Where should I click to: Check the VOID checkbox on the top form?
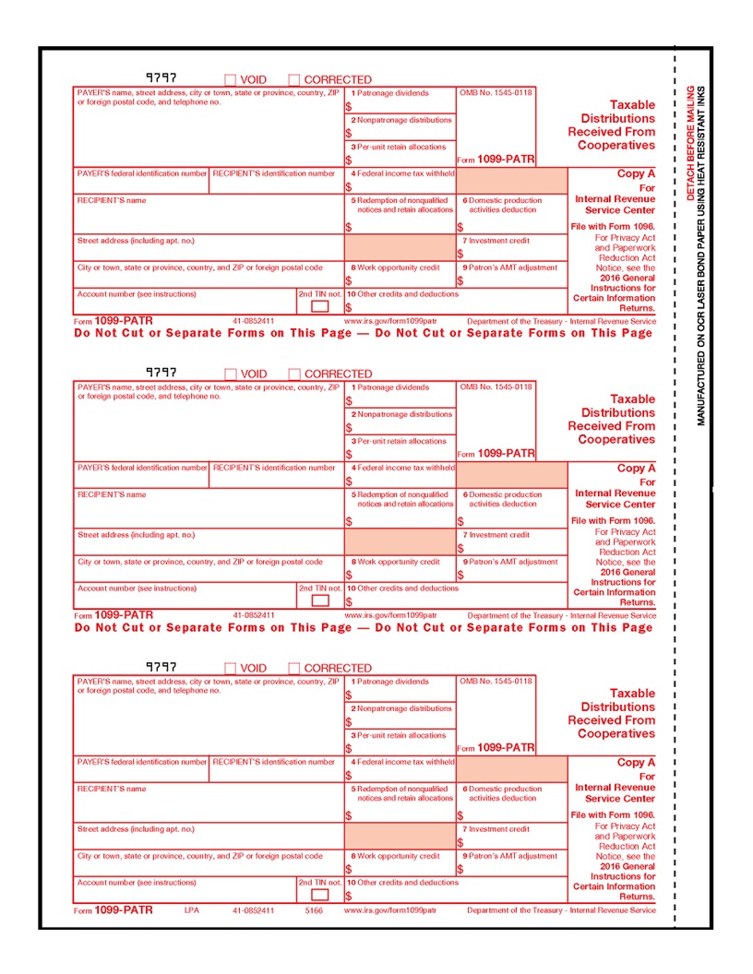(231, 80)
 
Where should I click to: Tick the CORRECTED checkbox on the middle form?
(294, 374)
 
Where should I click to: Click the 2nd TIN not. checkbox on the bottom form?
(319, 895)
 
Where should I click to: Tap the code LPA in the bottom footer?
(192, 910)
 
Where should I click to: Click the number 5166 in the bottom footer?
(315, 910)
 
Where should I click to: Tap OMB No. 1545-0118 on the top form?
(496, 93)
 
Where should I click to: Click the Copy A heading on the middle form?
(636, 469)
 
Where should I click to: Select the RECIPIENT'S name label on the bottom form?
(112, 789)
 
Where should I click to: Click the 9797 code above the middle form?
(161, 373)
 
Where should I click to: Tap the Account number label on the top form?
(137, 294)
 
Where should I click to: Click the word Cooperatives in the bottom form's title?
(616, 734)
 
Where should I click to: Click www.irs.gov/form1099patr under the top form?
(390, 322)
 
